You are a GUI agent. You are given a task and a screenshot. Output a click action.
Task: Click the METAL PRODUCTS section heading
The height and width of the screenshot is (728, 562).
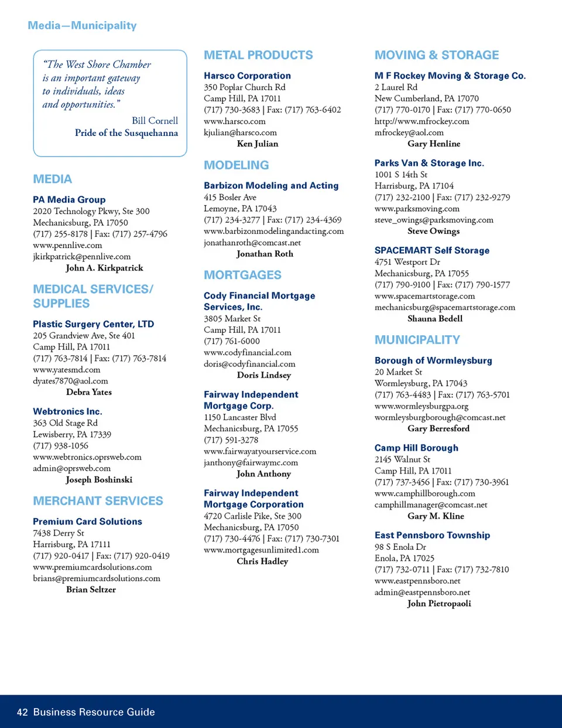tap(258, 55)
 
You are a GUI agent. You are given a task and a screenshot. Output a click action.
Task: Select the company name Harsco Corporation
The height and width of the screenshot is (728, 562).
tap(247, 76)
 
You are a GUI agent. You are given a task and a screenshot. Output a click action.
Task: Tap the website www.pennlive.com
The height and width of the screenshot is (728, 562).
tap(67, 245)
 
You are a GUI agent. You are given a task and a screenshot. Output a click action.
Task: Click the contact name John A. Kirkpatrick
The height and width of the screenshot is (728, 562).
tap(104, 268)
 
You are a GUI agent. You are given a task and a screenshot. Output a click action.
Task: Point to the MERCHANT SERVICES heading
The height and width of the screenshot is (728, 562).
tap(98, 501)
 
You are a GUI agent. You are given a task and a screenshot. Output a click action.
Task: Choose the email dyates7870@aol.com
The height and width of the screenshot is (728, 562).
tap(70, 381)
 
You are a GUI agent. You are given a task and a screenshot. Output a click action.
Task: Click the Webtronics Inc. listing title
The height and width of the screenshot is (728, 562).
tap(67, 411)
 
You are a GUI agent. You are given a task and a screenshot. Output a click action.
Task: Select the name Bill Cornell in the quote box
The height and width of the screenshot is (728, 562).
tap(155, 120)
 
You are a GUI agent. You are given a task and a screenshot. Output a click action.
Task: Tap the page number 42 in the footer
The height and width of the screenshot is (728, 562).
tap(22, 712)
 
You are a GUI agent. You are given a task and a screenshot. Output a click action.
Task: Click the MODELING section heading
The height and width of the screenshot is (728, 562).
tap(236, 165)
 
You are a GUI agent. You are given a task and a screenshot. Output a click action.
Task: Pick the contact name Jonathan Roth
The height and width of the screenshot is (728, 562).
tap(265, 254)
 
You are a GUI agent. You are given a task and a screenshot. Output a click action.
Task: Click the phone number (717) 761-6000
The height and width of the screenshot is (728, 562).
tap(232, 341)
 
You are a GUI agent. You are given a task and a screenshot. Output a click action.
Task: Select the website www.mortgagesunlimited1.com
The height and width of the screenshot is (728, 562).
tap(261, 550)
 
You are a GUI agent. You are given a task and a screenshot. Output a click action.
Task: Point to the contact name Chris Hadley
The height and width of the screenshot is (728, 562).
tap(262, 562)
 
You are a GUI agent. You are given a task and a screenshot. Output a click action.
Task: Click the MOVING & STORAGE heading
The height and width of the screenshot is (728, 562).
tap(437, 55)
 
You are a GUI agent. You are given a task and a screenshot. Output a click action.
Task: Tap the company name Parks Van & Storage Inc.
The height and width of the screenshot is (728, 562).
tap(429, 163)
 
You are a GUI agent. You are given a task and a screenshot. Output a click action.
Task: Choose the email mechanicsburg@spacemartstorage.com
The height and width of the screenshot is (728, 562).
tap(445, 307)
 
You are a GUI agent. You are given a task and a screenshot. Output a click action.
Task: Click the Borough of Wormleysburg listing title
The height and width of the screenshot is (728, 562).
tap(433, 360)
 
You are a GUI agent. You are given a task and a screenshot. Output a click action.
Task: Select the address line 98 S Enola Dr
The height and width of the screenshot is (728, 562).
tap(400, 547)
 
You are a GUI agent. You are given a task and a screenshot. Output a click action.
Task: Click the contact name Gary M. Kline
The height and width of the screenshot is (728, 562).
tap(436, 516)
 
